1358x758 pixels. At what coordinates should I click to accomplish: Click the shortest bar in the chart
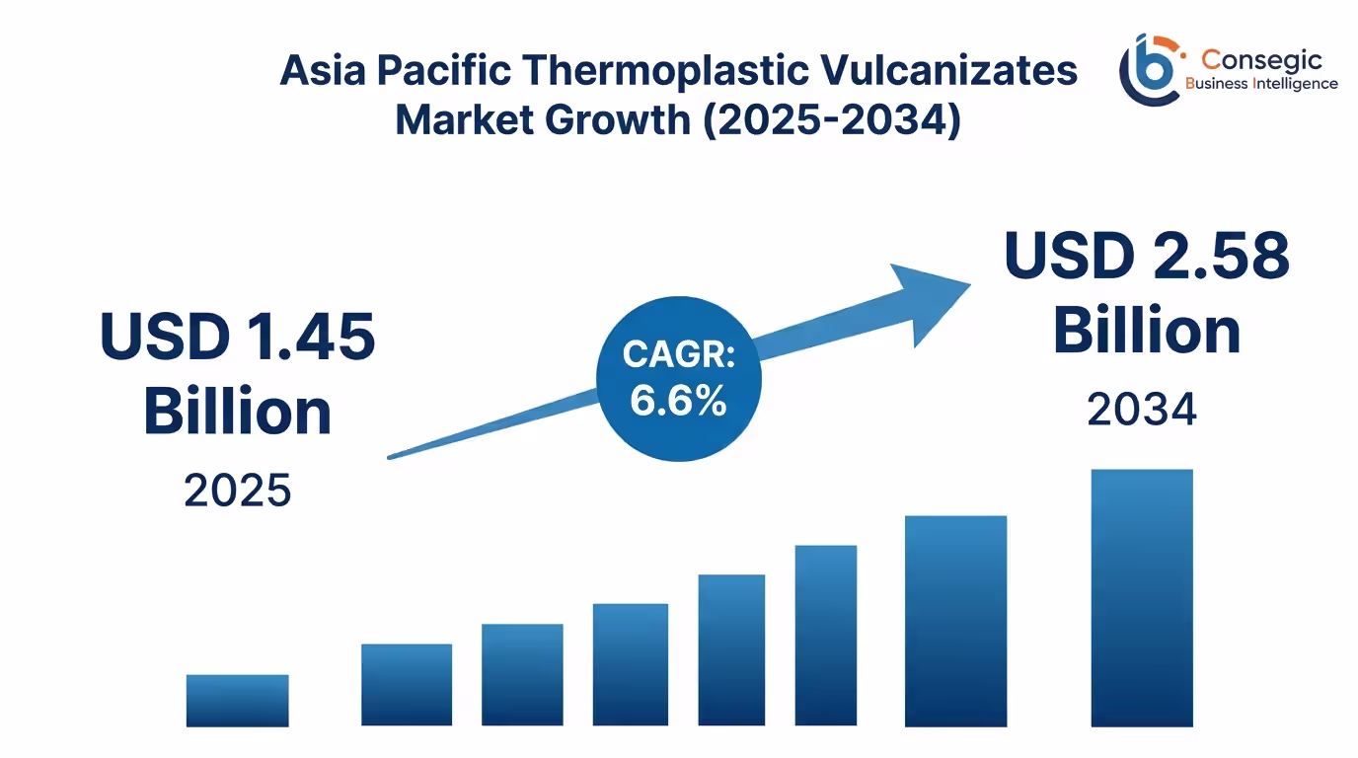[237, 701]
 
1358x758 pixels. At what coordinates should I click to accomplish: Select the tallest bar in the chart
[1141, 598]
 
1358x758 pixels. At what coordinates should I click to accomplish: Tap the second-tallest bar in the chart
[955, 621]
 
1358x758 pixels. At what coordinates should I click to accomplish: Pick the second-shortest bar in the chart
[407, 685]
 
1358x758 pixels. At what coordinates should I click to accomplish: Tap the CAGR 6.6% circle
[678, 378]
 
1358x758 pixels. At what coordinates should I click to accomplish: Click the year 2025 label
[238, 490]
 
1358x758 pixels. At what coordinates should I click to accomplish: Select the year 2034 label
[1142, 410]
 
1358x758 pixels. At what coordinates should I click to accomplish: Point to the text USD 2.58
[1147, 256]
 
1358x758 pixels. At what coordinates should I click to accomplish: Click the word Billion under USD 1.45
[238, 412]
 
